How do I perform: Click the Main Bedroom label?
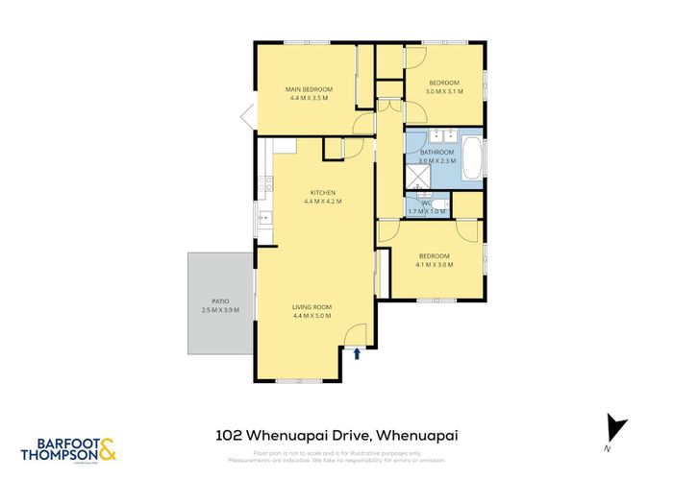tap(309, 89)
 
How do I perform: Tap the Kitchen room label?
tap(322, 192)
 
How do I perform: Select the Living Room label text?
tap(312, 306)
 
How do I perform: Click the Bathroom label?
tap(436, 153)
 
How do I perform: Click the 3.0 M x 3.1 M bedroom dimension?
tap(446, 92)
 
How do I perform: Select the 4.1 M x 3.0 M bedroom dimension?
tap(435, 264)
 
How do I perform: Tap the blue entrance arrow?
tap(358, 353)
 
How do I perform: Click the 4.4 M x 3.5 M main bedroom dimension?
tap(309, 98)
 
